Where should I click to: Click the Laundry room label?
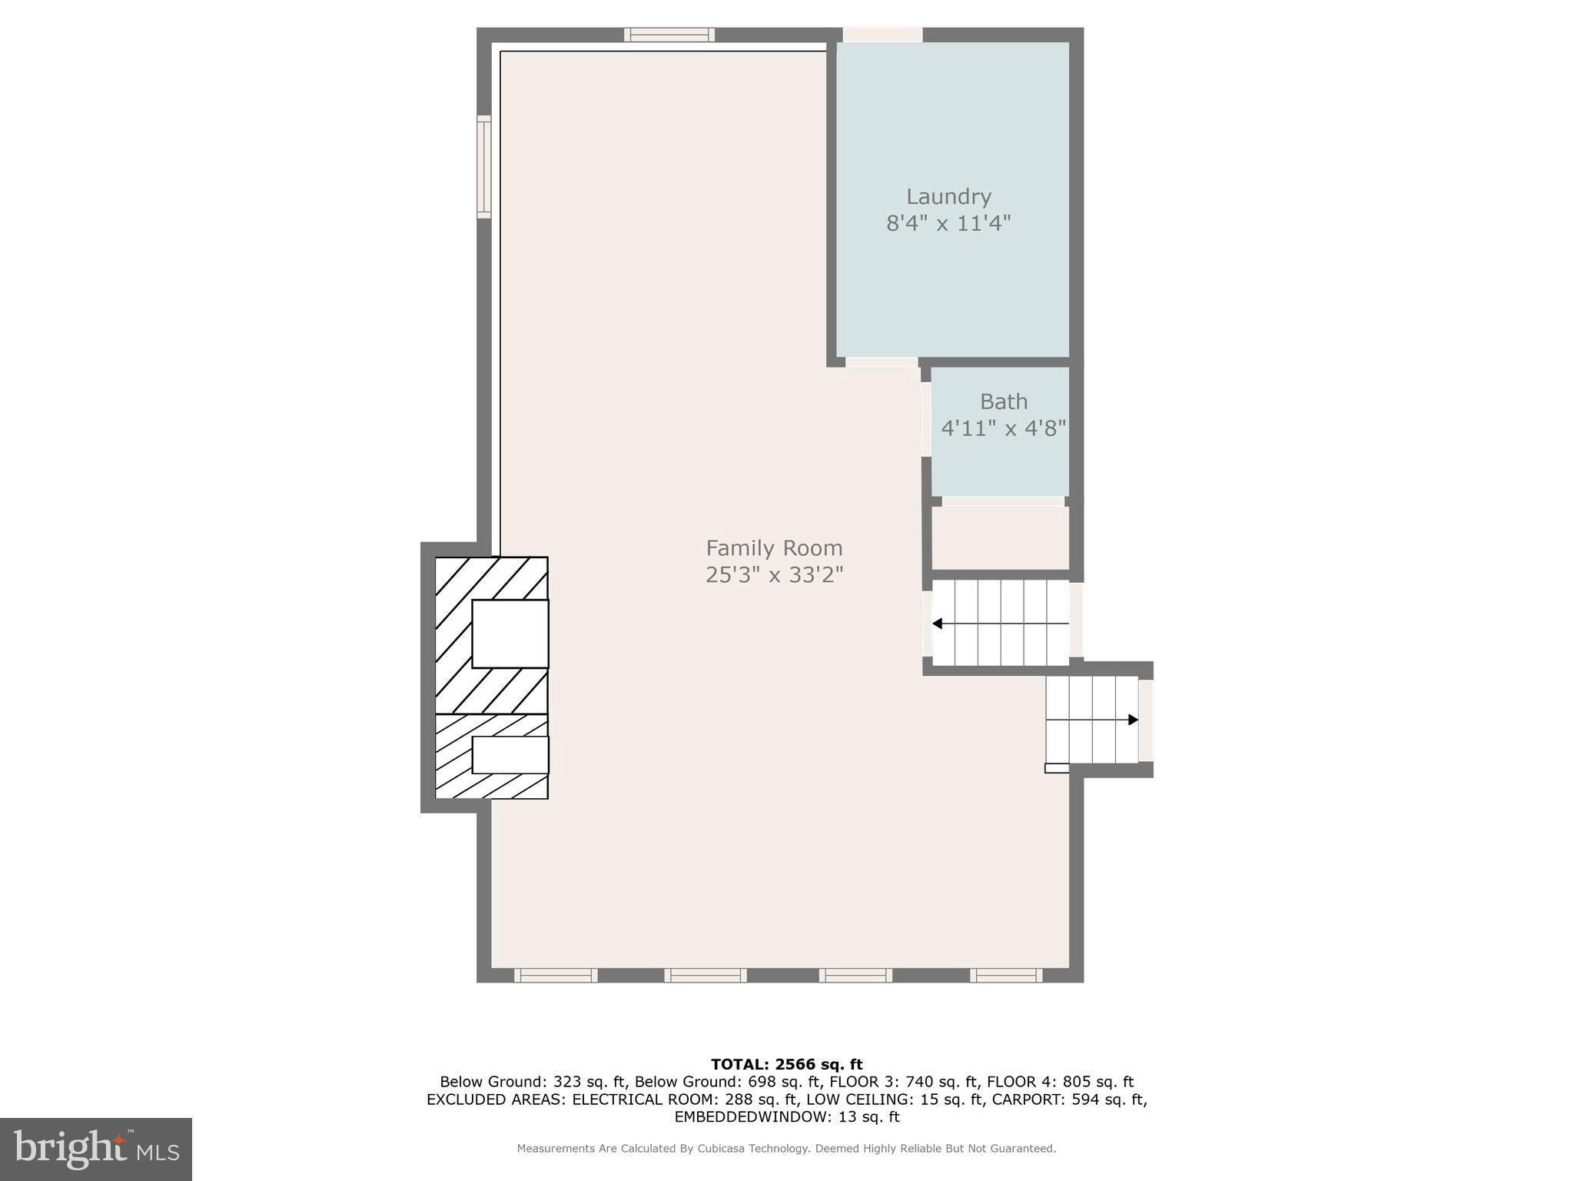948,197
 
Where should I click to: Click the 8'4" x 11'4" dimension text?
948,224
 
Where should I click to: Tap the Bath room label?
1003,401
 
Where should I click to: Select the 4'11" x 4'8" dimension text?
1003,428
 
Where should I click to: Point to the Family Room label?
774,548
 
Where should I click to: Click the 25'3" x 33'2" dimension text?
774,575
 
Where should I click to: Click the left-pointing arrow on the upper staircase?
938,624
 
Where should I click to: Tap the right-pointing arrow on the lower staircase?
1132,720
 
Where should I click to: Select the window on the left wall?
483,166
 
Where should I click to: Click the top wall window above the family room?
669,35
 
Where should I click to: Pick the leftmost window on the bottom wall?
556,975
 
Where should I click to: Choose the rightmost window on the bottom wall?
1005,975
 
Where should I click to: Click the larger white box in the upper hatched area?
510,634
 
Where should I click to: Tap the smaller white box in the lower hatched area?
510,755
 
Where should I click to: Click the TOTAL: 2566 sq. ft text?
786,1064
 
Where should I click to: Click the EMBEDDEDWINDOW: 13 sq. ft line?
786,1117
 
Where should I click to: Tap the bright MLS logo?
96,1149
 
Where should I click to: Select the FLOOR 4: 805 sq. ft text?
1060,1082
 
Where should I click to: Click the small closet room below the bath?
1000,538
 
